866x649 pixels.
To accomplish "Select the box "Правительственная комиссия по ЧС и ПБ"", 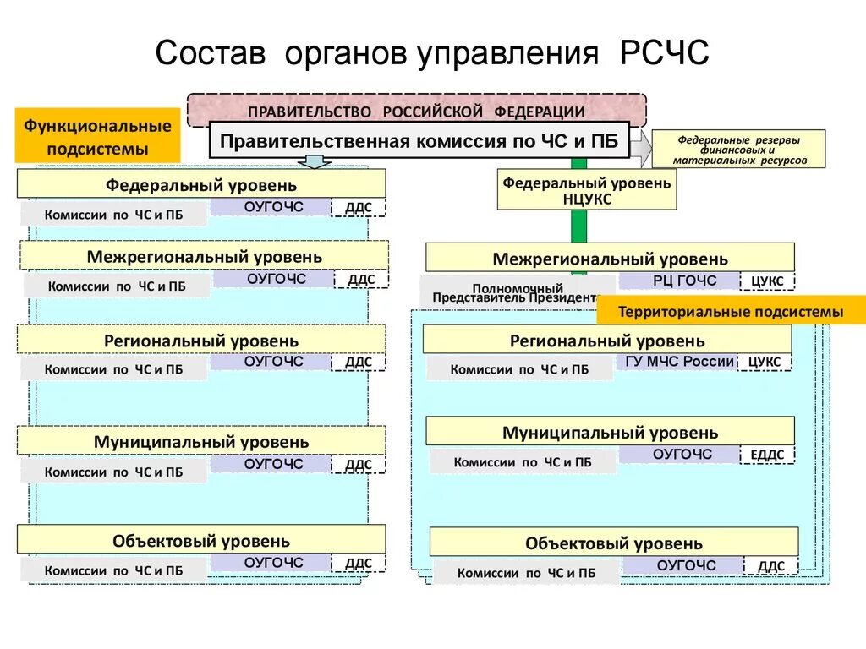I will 419,140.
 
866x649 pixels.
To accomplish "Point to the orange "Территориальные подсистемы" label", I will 731,312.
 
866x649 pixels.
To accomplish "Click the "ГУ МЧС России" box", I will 679,362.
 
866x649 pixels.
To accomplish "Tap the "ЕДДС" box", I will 767,455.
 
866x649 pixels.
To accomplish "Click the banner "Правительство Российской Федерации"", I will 416,112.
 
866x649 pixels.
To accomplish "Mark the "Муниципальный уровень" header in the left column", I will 201,441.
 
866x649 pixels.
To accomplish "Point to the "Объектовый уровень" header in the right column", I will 613,543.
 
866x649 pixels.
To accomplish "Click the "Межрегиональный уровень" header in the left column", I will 204,255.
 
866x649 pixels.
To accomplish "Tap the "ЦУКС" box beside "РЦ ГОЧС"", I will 767,281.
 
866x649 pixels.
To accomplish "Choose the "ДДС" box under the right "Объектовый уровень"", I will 770,566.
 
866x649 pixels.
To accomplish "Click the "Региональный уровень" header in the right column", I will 606,341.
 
